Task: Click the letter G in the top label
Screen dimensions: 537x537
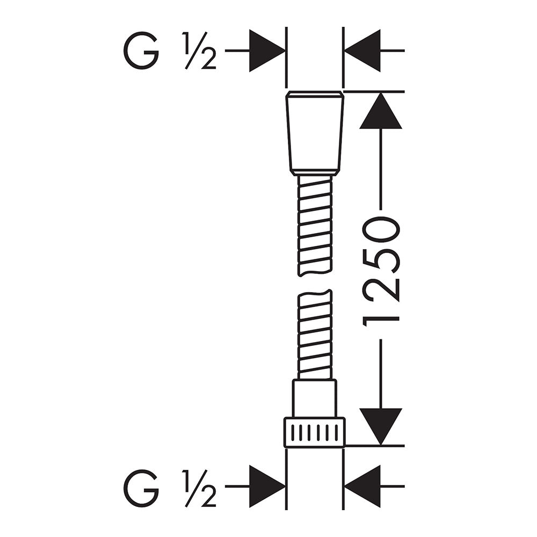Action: point(141,50)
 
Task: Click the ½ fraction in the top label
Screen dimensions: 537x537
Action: point(199,50)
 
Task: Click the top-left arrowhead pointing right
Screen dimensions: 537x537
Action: point(267,50)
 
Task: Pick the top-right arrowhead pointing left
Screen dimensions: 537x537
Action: point(362,50)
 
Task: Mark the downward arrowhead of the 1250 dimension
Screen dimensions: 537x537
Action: point(381,427)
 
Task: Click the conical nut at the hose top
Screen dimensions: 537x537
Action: point(314,134)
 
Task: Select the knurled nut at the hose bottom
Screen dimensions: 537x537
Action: point(314,432)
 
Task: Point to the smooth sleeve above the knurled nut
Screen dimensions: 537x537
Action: point(314,398)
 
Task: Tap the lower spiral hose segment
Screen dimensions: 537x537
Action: point(315,335)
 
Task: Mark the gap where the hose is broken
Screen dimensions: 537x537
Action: point(315,283)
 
